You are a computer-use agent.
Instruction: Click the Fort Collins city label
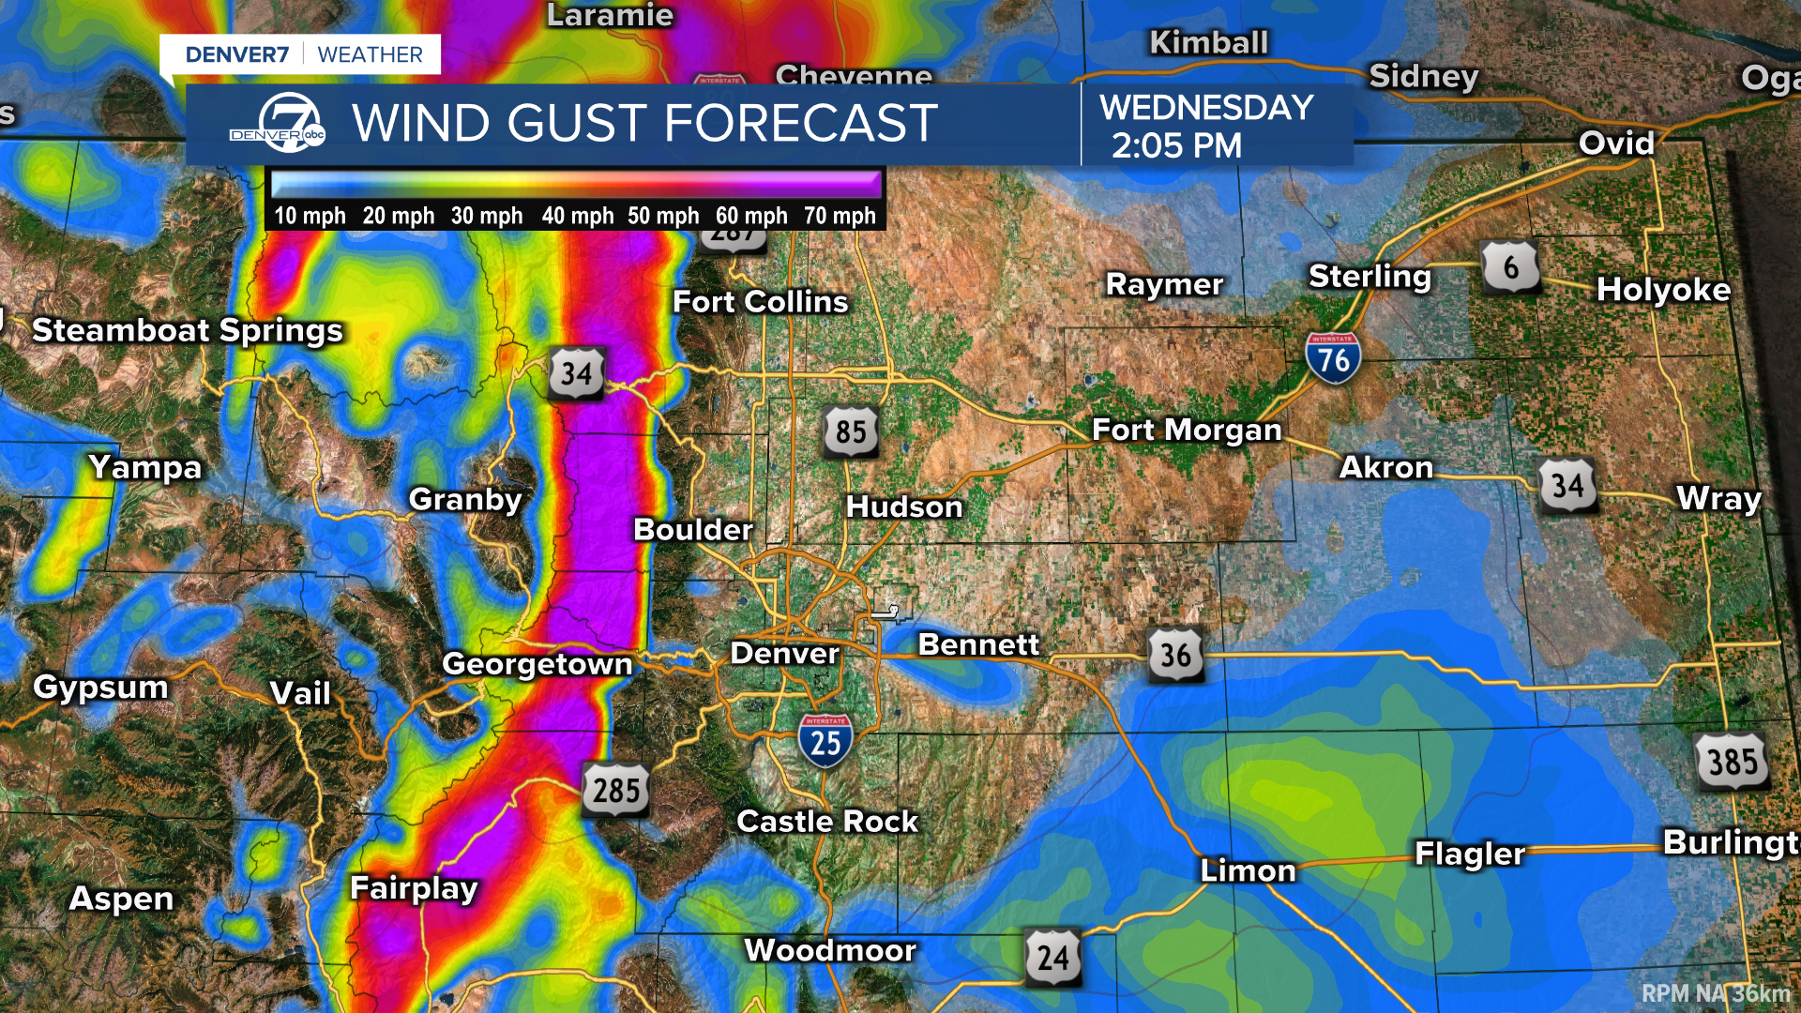(760, 302)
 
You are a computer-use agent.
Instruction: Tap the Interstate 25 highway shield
(825, 741)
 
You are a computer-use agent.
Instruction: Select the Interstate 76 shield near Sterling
(1333, 358)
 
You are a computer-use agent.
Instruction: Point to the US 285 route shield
(615, 790)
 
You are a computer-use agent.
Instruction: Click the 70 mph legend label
(839, 216)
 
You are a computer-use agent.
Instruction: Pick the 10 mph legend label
(310, 216)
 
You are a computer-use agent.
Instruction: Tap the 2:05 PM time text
(1176, 146)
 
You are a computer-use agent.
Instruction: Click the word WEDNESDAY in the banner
(1206, 108)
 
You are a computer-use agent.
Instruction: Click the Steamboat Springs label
(188, 330)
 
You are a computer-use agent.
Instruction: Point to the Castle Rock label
(827, 822)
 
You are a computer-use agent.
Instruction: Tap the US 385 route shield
(1732, 762)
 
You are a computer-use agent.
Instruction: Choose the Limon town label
(1248, 870)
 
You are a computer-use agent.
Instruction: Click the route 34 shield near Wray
(1567, 486)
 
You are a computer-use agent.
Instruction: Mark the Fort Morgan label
(1187, 430)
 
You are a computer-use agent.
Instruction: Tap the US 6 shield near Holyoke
(1510, 267)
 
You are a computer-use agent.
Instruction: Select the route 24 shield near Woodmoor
(1052, 958)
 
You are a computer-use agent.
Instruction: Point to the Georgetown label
(537, 664)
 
